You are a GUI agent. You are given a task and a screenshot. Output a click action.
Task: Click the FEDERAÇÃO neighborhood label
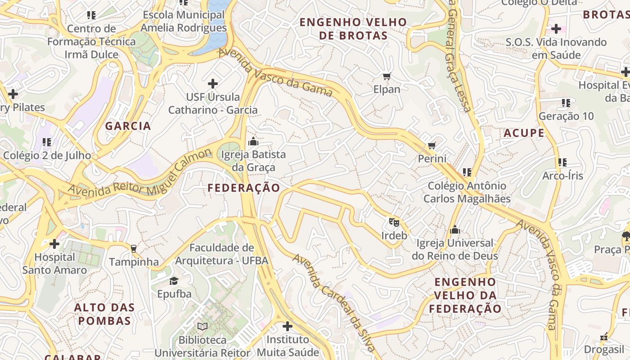click(244, 188)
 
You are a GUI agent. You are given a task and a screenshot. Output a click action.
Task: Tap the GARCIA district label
click(128, 126)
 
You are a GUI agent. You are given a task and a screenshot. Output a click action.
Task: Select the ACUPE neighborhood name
click(524, 133)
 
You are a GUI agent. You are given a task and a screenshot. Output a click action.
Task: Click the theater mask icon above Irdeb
click(394, 222)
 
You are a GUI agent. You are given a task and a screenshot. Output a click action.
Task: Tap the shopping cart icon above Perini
click(432, 145)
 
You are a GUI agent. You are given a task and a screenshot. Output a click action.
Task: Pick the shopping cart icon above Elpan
click(387, 76)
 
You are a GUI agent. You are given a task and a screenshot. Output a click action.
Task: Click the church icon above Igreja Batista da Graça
click(253, 141)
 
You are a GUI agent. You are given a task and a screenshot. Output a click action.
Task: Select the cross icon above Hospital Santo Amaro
click(54, 244)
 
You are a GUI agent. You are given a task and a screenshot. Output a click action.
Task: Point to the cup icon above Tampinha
click(133, 248)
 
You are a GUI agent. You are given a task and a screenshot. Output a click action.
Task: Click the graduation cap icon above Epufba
click(174, 281)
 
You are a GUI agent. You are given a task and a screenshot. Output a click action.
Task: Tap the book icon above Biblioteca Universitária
click(202, 326)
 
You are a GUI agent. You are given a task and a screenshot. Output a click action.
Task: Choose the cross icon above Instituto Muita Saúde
click(288, 326)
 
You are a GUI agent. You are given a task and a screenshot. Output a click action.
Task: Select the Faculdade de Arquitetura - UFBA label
click(221, 254)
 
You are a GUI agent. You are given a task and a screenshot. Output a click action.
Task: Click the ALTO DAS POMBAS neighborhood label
click(104, 314)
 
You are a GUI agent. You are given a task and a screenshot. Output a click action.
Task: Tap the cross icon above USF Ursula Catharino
click(213, 83)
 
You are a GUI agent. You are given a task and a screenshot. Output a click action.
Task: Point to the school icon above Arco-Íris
click(562, 162)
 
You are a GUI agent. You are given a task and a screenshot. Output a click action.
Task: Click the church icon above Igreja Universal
click(455, 230)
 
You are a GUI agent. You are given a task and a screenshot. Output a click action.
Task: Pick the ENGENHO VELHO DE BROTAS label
click(353, 29)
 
